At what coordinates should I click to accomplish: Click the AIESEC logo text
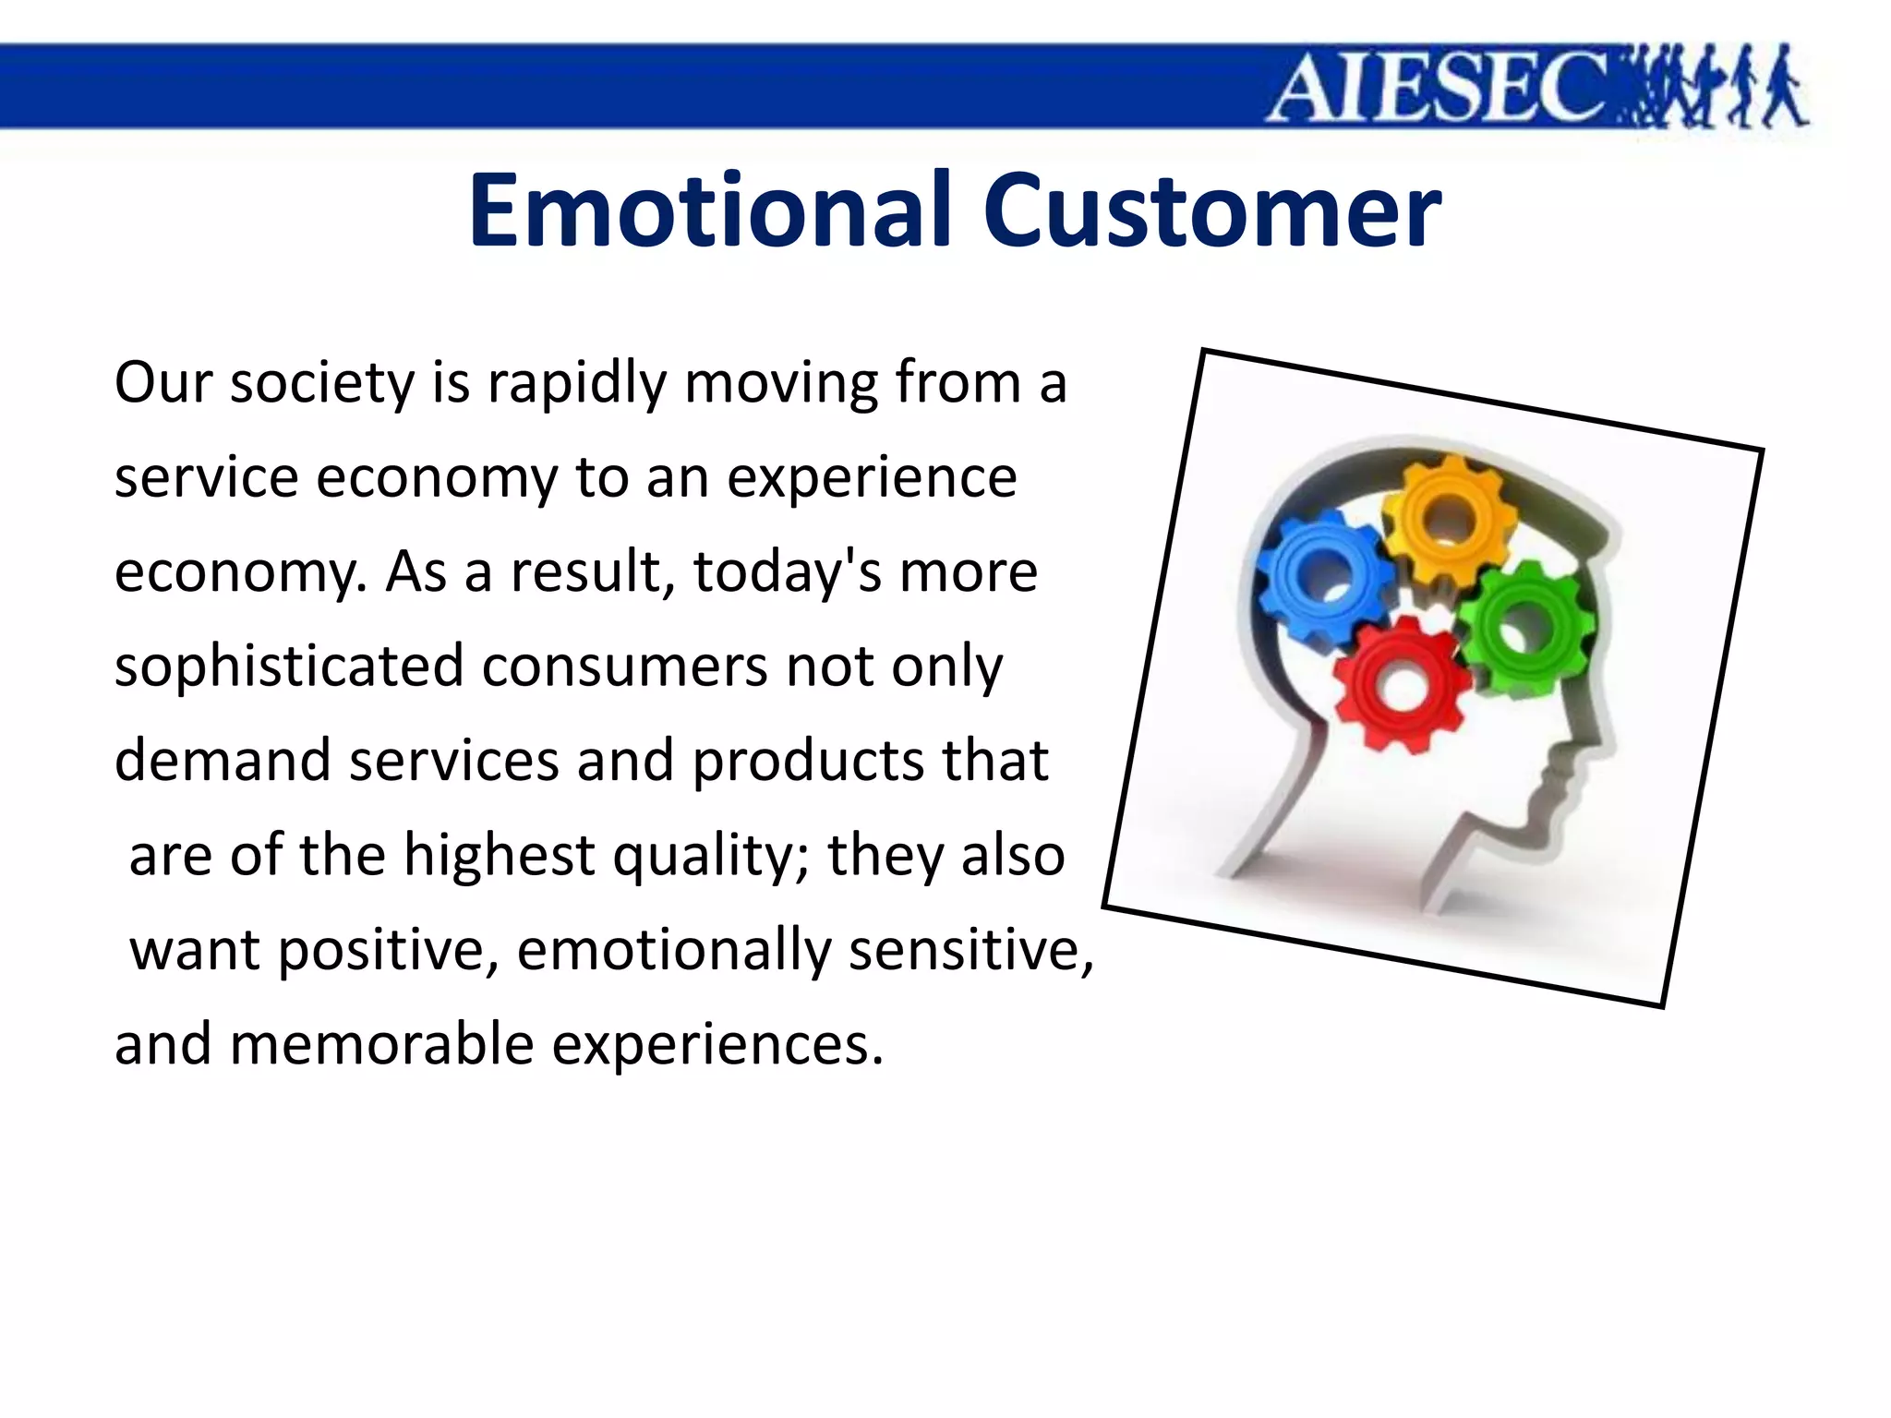(1436, 88)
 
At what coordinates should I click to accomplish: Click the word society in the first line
(322, 383)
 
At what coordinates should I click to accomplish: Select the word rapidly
(575, 383)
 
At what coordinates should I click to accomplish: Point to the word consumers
(624, 667)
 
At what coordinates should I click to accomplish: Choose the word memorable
(381, 1045)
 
